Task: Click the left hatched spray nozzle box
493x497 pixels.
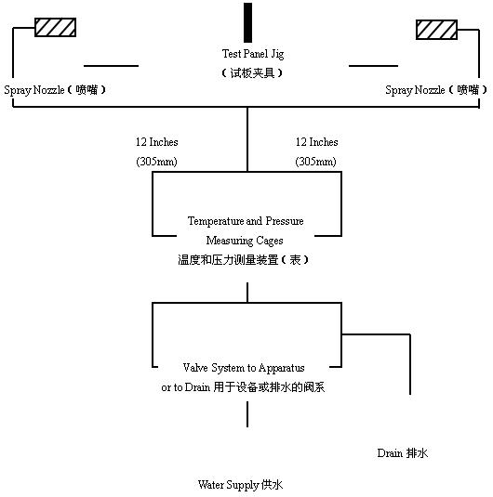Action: pyautogui.click(x=55, y=27)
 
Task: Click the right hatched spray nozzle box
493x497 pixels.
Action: pyautogui.click(x=436, y=30)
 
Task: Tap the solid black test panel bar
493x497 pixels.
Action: pyautogui.click(x=247, y=22)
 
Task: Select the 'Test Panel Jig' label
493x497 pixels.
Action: pyautogui.click(x=253, y=54)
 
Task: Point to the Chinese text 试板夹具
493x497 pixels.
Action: pyautogui.click(x=252, y=73)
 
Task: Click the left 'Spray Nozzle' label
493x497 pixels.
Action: pyautogui.click(x=34, y=90)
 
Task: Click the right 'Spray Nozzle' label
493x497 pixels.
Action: pyautogui.click(x=415, y=90)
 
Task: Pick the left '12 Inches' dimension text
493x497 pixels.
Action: pyautogui.click(x=157, y=142)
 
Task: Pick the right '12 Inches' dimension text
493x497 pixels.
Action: pyautogui.click(x=317, y=142)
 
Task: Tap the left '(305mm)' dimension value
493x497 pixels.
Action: pyautogui.click(x=156, y=162)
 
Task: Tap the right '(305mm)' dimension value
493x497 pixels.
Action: pyautogui.click(x=315, y=162)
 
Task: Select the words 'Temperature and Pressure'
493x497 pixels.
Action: pyautogui.click(x=246, y=220)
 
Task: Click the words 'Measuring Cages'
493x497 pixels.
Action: pyautogui.click(x=245, y=241)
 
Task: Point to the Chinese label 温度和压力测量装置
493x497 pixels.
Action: pyautogui.click(x=228, y=260)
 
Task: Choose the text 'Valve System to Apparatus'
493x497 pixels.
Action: pyautogui.click(x=244, y=368)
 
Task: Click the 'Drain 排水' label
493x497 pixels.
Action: pyautogui.click(x=403, y=453)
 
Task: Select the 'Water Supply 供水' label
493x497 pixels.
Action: pyautogui.click(x=240, y=485)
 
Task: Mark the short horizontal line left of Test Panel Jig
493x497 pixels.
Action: pyautogui.click(x=111, y=66)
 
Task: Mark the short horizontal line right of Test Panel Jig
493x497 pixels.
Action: pyautogui.click(x=373, y=66)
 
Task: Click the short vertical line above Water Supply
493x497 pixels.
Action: pyautogui.click(x=247, y=414)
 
